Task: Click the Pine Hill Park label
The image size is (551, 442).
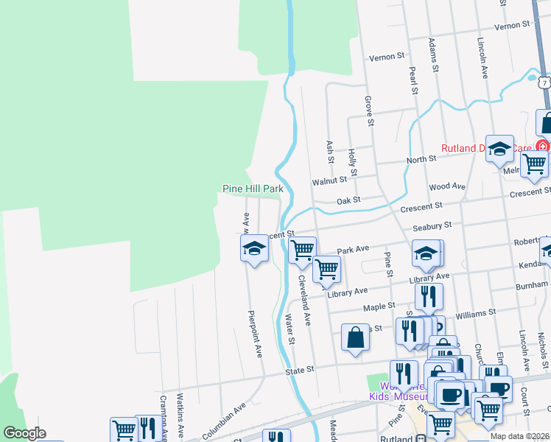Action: (x=253, y=189)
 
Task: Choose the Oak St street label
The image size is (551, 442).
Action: (x=348, y=200)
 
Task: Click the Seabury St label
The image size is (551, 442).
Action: (x=432, y=226)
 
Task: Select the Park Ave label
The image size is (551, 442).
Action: (x=352, y=250)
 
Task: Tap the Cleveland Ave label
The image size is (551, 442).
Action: (x=305, y=301)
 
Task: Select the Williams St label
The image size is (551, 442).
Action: (x=476, y=314)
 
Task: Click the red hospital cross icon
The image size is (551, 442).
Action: (x=543, y=146)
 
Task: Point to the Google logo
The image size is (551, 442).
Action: (x=24, y=433)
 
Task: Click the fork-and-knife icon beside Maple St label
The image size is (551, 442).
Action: (x=428, y=295)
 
